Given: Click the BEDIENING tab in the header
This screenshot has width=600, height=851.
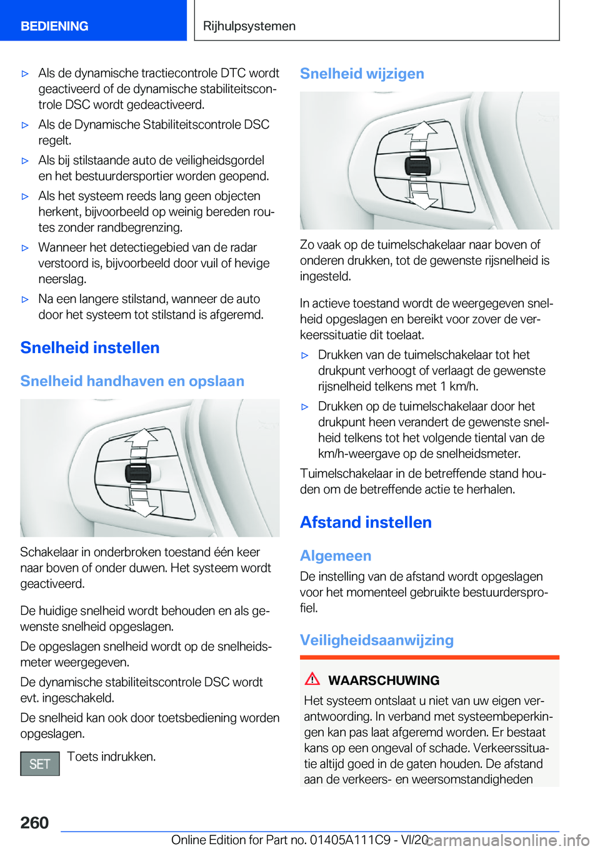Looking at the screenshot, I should (x=54, y=26).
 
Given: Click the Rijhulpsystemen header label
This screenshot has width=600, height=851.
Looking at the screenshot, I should (x=249, y=26).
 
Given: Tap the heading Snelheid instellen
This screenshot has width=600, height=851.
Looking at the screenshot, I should (x=90, y=347).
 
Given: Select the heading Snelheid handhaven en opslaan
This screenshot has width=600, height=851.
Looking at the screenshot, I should (x=132, y=381).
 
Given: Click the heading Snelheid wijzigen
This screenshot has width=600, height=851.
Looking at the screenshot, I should (x=362, y=74).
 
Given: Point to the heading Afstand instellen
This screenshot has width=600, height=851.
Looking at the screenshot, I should (x=366, y=522).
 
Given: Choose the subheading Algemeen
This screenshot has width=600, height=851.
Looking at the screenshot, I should (x=336, y=555).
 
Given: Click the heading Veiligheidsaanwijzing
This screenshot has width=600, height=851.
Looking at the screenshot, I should (x=377, y=640).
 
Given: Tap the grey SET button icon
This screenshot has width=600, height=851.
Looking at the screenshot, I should (x=40, y=764).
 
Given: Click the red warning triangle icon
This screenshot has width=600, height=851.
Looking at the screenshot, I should (x=312, y=679).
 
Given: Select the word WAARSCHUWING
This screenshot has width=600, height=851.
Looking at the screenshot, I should (x=384, y=680).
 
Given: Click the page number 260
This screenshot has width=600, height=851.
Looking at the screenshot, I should (x=34, y=822).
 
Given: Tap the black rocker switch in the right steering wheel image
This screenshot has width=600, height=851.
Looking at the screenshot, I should (x=417, y=166).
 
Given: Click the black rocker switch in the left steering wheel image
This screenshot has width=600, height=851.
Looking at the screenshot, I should (x=138, y=473).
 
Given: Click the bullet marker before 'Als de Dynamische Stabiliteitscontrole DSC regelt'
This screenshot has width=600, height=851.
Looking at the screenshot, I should (x=26, y=125).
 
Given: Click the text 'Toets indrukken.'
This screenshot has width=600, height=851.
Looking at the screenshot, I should (x=111, y=757).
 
